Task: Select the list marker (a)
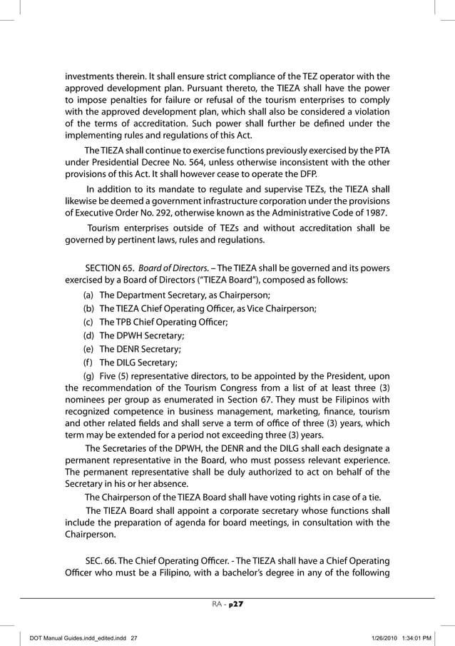click(89, 296)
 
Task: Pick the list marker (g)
click(89, 375)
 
